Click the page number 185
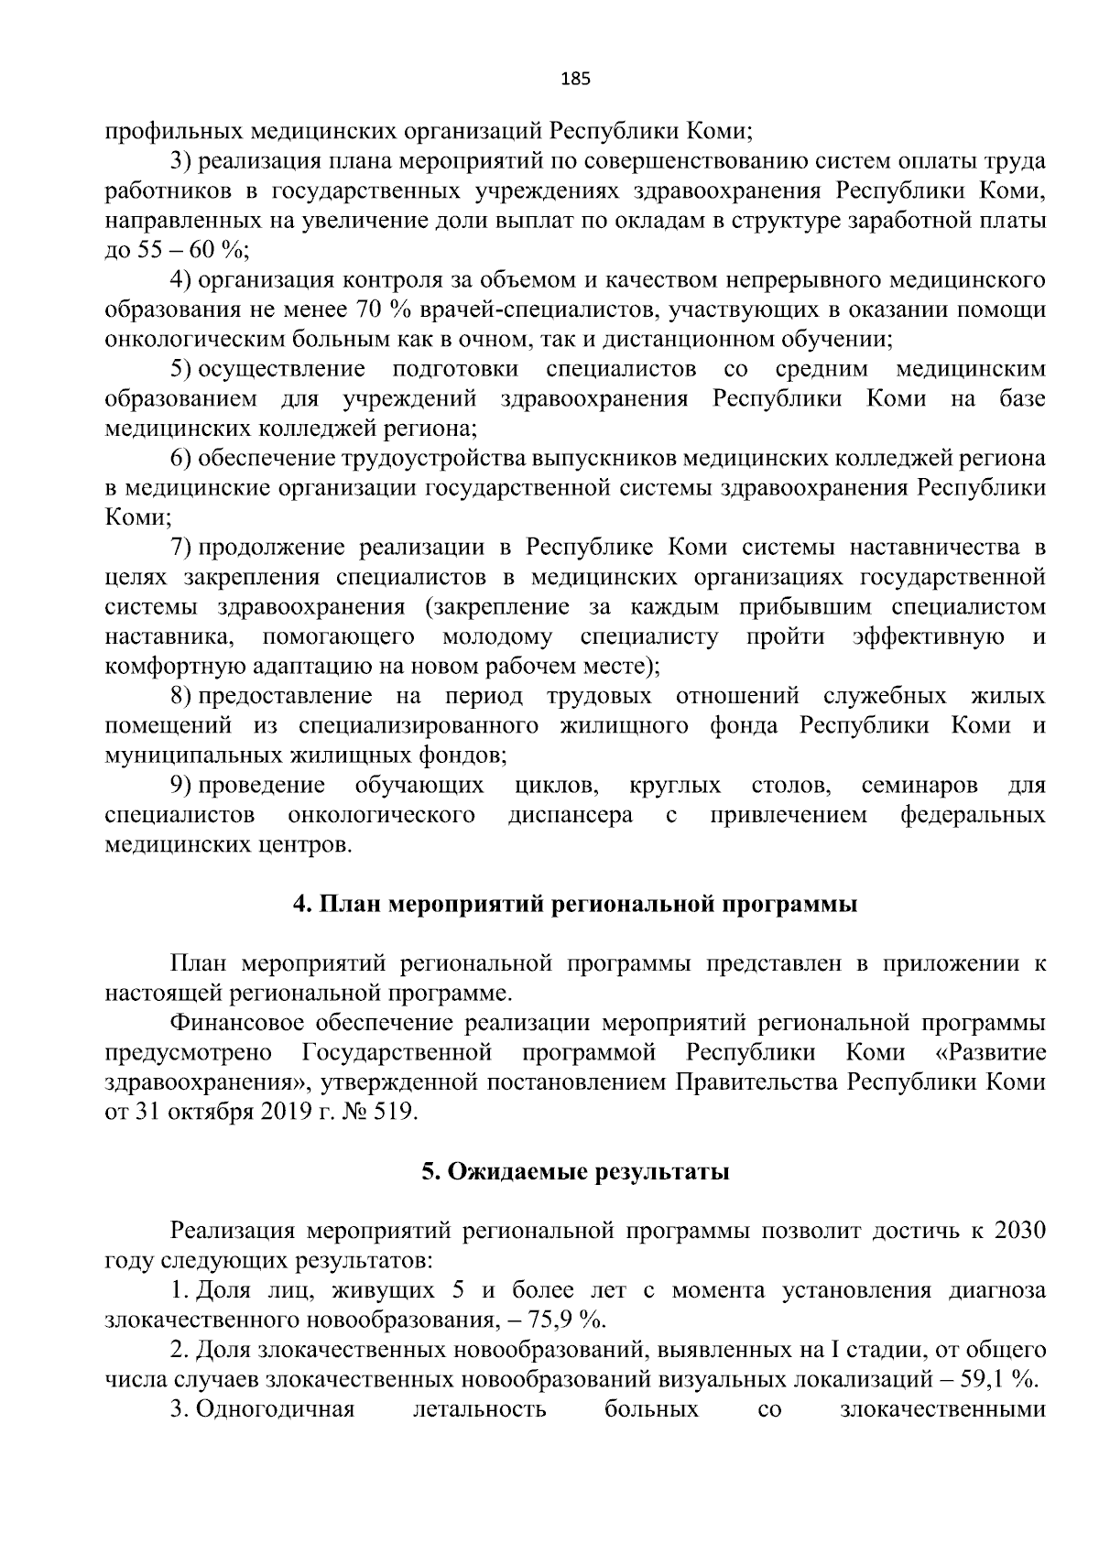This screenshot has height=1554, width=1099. [x=575, y=79]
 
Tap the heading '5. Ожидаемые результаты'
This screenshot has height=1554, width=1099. [x=575, y=1172]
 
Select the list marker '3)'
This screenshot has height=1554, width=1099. [x=181, y=161]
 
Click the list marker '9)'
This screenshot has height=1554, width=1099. [x=181, y=785]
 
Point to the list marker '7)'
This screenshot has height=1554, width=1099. [x=181, y=548]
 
